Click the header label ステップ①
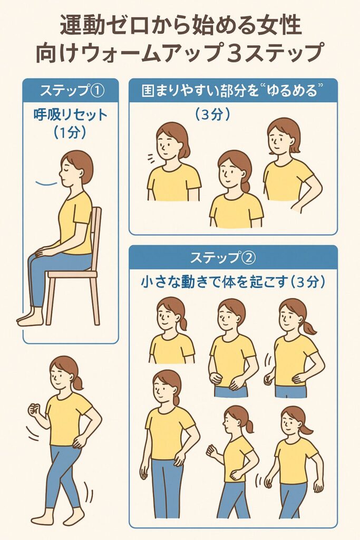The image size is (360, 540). (72, 91)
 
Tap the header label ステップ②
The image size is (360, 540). (223, 257)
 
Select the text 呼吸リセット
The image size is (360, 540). (71, 115)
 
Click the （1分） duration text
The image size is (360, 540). (70, 132)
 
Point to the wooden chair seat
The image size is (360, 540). (72, 274)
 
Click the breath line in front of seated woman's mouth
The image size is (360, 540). (46, 183)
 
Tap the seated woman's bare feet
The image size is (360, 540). (30, 317)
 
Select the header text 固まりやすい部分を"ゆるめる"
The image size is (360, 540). (233, 91)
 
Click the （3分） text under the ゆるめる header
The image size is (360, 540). (212, 114)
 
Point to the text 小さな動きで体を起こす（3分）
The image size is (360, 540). (233, 282)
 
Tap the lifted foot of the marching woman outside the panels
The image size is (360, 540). (74, 514)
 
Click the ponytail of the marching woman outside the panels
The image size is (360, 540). (79, 382)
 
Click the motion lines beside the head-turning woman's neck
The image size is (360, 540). (151, 159)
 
